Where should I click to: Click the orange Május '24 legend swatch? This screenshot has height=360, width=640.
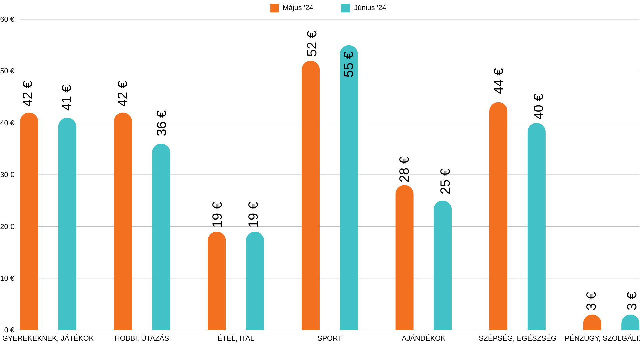click(274, 8)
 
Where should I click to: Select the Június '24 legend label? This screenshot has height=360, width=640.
click(370, 8)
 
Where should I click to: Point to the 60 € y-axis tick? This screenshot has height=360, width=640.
click(7, 19)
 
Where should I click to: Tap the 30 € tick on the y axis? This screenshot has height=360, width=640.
click(7, 175)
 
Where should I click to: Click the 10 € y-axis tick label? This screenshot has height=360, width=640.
click(7, 278)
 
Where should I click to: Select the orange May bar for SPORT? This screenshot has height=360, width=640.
click(310, 197)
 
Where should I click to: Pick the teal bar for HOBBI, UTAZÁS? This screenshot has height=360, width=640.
click(161, 237)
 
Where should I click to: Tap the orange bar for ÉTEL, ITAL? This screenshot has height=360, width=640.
click(217, 282)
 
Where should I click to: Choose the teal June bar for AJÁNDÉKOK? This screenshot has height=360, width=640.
click(442, 267)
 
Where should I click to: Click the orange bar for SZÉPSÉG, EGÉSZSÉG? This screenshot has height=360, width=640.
click(498, 217)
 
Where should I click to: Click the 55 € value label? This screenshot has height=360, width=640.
click(348, 64)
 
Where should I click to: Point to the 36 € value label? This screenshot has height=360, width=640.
click(161, 123)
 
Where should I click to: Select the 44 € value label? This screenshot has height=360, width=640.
click(498, 81)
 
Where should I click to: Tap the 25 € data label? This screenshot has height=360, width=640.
click(445, 181)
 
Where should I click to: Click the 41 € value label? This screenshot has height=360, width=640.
click(67, 97)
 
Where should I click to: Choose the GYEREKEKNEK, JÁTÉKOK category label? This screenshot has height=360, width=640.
click(48, 338)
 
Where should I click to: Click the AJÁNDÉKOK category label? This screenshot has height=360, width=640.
click(423, 338)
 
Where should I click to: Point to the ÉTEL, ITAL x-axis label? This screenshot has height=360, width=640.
click(236, 338)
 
